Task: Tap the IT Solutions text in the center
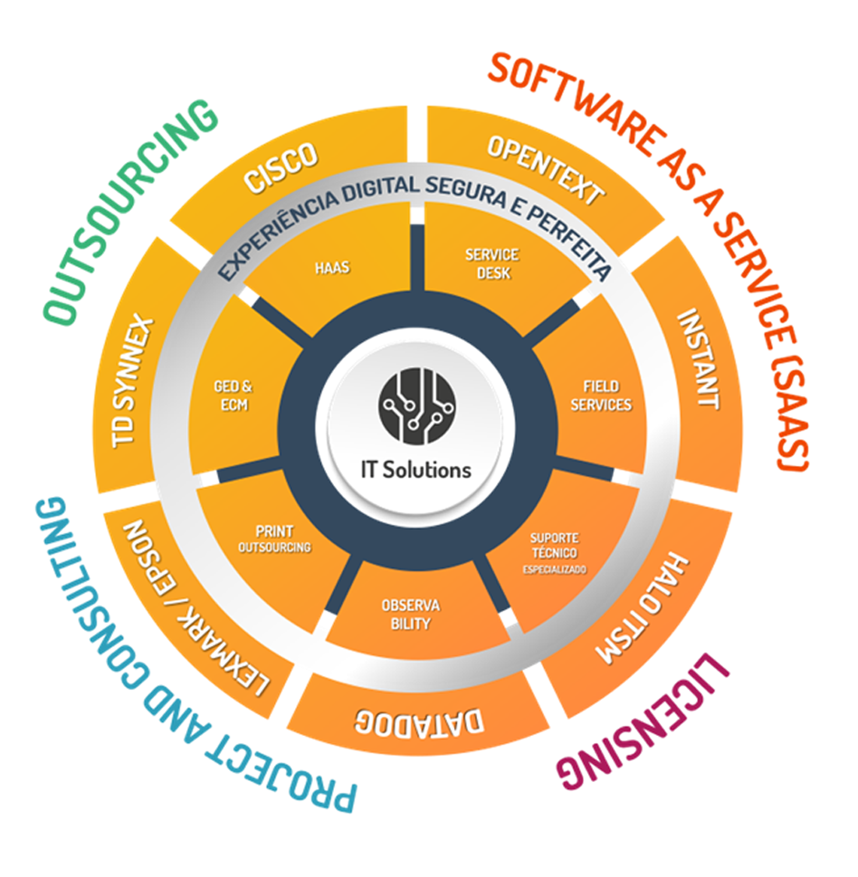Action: [416, 470]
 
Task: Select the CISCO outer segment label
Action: [282, 167]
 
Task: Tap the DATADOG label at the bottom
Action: [419, 722]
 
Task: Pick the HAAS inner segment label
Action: [332, 268]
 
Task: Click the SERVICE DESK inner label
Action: [492, 264]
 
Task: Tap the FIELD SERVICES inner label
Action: [601, 396]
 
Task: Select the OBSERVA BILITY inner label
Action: [410, 615]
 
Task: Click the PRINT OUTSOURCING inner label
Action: [274, 540]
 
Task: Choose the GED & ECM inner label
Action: [234, 395]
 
